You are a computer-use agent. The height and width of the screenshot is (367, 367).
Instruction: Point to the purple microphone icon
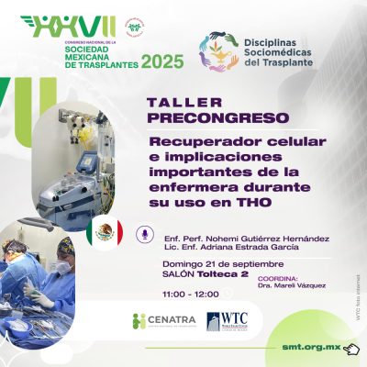coord(143,234)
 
